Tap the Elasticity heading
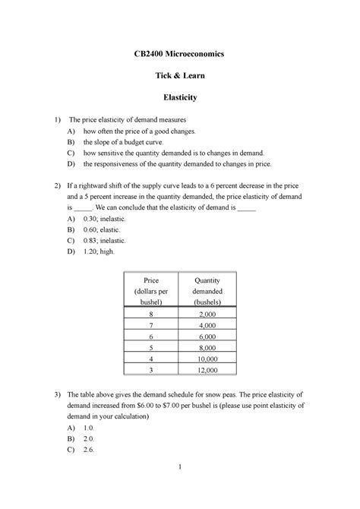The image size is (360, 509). (x=179, y=98)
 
